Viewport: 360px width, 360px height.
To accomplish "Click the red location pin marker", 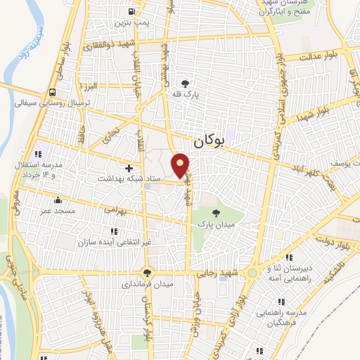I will coord(181,165).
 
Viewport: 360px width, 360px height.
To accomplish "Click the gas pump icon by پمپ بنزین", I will coord(133,12).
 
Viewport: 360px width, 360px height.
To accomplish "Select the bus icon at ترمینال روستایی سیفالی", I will coord(53,92).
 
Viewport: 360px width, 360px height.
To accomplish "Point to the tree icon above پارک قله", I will coord(185,82).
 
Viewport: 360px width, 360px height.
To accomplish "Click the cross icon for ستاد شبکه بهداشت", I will coord(129,168).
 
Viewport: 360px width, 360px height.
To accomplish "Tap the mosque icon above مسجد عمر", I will coord(57,200).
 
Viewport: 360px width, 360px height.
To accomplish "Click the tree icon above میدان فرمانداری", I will coord(147,273).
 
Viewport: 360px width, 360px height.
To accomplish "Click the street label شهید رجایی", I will coord(219,273).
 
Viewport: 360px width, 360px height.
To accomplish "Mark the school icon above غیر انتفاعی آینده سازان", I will coord(113,231).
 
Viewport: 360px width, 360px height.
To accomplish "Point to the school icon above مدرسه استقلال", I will coord(39,154).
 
